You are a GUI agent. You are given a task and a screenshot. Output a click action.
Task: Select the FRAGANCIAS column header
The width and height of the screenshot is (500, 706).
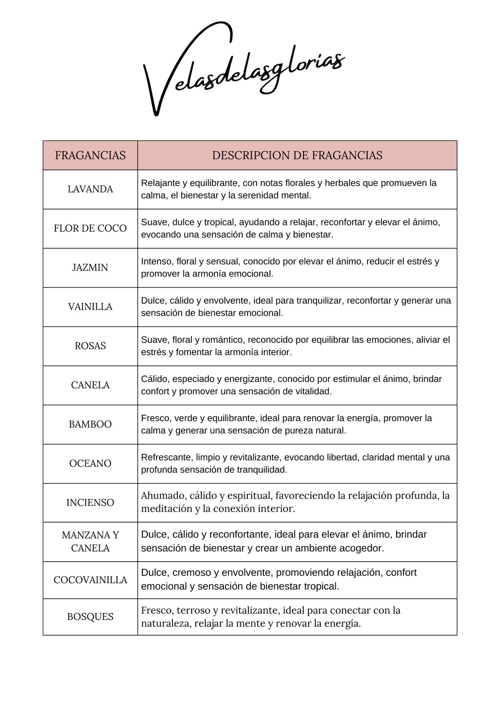pos(90,156)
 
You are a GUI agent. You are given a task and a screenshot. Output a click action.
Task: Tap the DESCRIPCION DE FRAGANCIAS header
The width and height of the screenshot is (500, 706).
pos(297,156)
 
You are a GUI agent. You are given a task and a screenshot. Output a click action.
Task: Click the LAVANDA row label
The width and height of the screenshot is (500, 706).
pos(90,189)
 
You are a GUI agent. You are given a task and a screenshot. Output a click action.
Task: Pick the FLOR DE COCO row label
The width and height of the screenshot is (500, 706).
pos(90,228)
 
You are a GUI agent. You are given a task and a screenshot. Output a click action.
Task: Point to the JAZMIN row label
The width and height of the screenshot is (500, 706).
pos(90,268)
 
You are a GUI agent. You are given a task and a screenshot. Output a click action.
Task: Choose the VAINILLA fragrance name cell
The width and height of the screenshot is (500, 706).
pos(90,307)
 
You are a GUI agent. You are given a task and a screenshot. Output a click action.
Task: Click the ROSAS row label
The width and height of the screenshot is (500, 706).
pos(90,346)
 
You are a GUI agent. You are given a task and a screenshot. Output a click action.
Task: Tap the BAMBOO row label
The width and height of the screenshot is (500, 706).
pos(90,424)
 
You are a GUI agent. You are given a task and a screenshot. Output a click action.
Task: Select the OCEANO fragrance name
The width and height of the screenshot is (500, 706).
pos(90,463)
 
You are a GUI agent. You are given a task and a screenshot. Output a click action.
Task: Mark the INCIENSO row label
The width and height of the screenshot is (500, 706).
pos(90,503)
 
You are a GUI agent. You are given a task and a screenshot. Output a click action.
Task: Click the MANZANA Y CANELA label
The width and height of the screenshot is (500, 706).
pos(90,542)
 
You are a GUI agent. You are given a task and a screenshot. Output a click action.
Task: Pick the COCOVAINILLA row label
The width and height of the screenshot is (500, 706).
pos(90,580)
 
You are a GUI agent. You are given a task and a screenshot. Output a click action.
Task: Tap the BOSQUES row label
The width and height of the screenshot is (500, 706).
pos(90,617)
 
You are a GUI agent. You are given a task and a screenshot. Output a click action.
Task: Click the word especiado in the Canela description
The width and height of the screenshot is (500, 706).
pos(194,379)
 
